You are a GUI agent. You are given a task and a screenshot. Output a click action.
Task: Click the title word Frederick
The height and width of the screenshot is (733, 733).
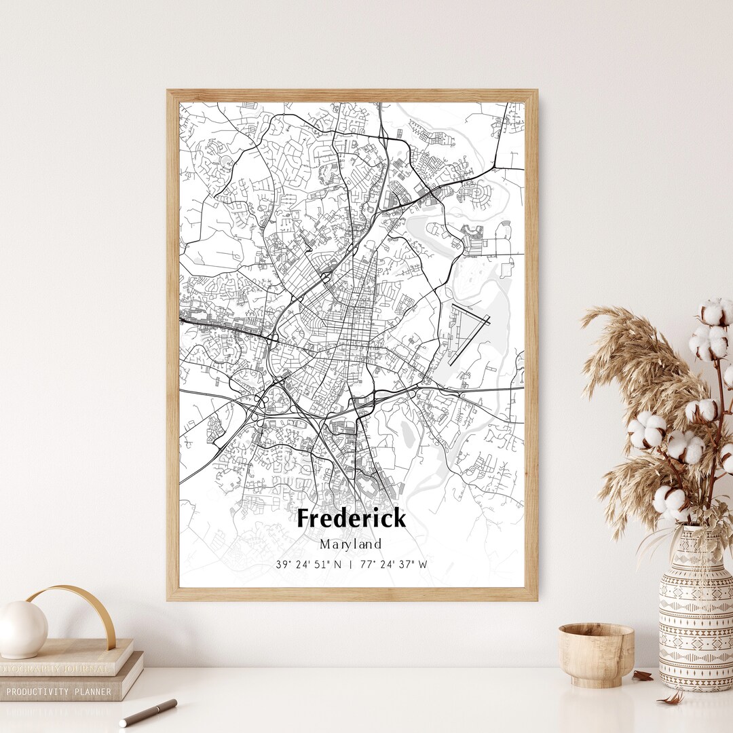coord(352,519)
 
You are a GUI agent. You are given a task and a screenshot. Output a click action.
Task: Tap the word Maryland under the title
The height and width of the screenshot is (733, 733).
coord(351,544)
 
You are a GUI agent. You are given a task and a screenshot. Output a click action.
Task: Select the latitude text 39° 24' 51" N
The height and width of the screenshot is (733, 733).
coord(309,564)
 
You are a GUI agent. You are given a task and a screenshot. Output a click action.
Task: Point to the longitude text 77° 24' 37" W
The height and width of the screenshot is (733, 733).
coord(394,564)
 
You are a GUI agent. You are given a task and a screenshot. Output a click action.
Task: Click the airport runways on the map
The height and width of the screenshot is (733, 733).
coord(468,332)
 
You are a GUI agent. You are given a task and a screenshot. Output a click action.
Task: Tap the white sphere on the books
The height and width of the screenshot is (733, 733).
coord(22,629)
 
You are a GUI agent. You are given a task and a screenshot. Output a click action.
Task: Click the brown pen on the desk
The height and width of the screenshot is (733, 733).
coord(148,712)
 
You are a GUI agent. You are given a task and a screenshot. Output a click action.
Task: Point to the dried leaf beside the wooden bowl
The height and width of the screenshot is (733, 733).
coord(641,675)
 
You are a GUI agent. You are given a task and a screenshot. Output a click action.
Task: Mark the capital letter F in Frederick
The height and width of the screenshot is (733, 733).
coord(305,519)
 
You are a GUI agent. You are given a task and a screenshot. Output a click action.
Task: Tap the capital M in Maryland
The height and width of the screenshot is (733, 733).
coord(324,544)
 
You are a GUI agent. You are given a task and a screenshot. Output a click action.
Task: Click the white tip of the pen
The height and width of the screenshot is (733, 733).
coord(124,722)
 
